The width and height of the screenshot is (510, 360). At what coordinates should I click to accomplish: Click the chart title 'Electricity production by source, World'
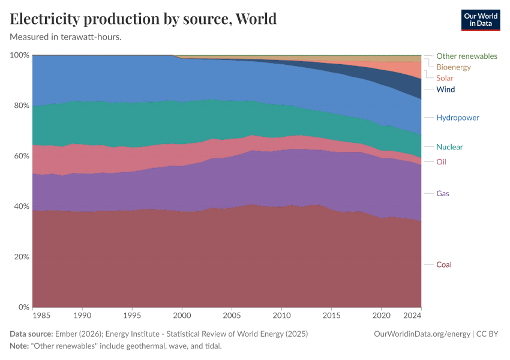(x=143, y=19)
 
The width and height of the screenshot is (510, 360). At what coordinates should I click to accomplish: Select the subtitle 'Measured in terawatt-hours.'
(x=66, y=37)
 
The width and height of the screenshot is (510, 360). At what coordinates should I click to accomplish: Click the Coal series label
(x=444, y=265)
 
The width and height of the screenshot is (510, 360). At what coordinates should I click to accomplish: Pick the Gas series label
(x=443, y=194)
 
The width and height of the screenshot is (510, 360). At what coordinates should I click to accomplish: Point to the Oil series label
(x=441, y=162)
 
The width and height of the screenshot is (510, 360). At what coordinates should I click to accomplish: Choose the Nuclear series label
(x=449, y=147)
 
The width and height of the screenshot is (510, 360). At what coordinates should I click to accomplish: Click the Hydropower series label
(x=458, y=118)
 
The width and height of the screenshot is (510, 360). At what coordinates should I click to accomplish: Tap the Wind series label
(x=445, y=89)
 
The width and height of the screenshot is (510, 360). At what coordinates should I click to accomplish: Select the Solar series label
(x=445, y=78)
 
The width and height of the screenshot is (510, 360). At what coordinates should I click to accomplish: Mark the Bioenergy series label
(x=454, y=67)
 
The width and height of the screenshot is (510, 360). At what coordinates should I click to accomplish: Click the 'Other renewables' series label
(x=466, y=56)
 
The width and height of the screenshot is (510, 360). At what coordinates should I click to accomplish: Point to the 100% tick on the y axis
(x=20, y=55)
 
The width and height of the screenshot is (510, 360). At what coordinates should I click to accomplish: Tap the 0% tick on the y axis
(x=23, y=307)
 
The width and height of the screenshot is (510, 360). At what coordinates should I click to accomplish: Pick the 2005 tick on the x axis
(x=232, y=315)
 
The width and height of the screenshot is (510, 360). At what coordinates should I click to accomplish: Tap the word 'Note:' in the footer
(x=20, y=346)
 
